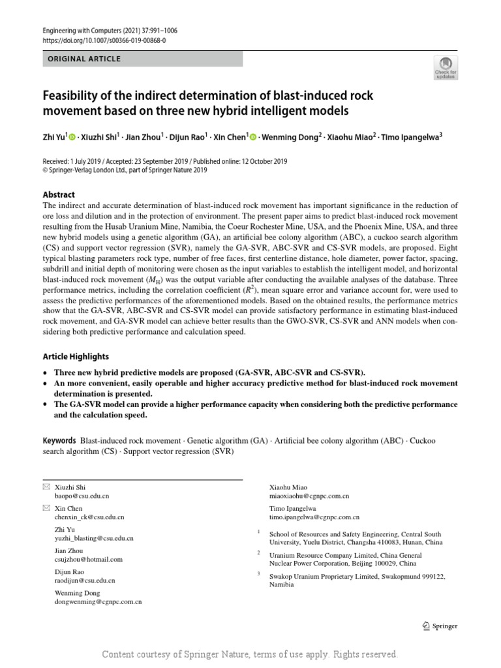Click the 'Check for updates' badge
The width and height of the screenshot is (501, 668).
pos(446,67)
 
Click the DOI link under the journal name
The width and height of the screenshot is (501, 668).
pos(104,40)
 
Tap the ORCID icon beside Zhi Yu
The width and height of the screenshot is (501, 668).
pos(72,137)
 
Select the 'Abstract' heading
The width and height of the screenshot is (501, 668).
pos(59,194)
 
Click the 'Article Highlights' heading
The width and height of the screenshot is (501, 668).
pos(76,357)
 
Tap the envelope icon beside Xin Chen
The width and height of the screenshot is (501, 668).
pos(46,508)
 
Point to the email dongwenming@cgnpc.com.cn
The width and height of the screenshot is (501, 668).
pos(99,602)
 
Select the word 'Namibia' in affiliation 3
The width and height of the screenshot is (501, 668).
pos(282,585)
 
